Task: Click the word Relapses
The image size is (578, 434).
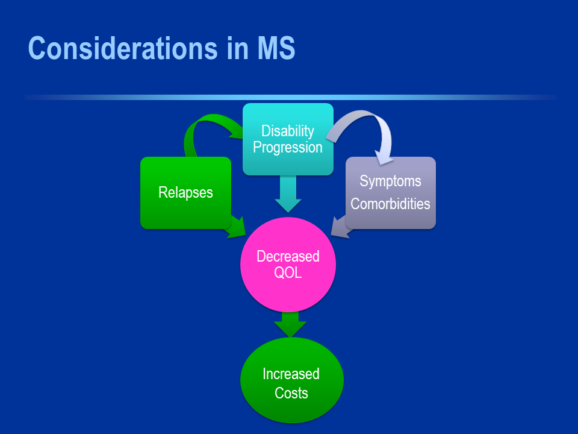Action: [x=185, y=192]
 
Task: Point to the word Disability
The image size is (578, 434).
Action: [x=288, y=131]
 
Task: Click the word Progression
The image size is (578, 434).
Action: [x=288, y=148]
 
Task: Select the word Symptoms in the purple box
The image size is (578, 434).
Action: [x=390, y=181]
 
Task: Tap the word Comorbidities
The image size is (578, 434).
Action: [x=390, y=204]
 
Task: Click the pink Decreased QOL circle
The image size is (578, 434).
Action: [x=288, y=289]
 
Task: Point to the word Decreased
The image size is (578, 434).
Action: [x=288, y=256]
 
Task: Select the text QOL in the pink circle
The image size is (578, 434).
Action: [x=288, y=272]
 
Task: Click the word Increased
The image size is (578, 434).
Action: [x=291, y=374]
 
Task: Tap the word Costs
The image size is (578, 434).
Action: [x=291, y=393]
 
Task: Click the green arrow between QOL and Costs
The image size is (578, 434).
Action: [x=290, y=324]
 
